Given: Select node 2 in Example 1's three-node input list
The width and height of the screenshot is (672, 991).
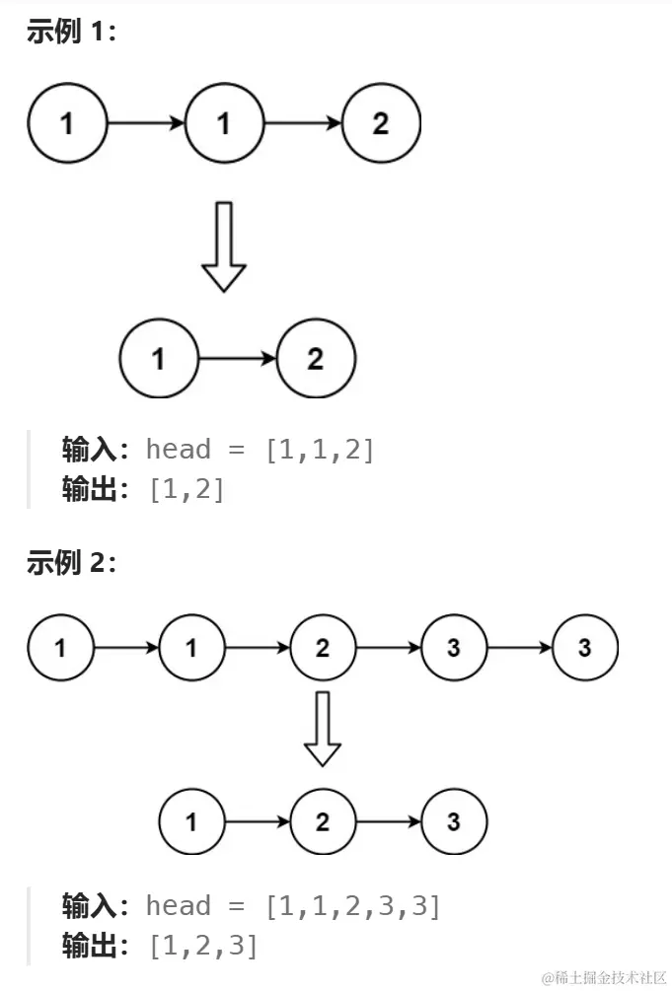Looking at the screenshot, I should click(381, 123).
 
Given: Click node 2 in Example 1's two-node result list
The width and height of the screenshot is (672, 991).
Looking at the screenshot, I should click(315, 358).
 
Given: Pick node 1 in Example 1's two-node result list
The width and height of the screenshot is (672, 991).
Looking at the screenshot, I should click(159, 358).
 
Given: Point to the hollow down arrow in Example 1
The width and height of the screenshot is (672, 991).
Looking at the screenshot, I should click(224, 247).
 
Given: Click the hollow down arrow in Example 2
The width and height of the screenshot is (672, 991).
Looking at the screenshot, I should click(322, 729).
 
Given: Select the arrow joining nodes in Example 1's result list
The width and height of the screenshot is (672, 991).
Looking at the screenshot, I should click(237, 358).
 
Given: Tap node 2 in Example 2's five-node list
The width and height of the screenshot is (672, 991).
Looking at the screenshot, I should click(323, 648).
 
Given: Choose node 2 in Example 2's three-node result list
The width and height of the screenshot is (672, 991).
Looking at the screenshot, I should click(323, 821).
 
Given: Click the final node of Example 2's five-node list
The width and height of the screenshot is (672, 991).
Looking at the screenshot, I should click(585, 648).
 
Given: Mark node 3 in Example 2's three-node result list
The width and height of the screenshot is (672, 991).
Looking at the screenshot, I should click(454, 821).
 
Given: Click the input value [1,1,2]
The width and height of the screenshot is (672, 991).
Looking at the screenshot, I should click(320, 450).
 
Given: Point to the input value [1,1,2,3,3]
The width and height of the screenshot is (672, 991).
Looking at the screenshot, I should click(352, 905).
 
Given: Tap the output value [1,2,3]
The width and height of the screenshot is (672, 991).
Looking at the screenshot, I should click(202, 946).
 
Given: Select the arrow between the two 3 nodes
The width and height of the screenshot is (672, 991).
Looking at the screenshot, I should click(519, 648).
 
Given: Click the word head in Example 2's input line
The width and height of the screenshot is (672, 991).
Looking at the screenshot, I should click(178, 905).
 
